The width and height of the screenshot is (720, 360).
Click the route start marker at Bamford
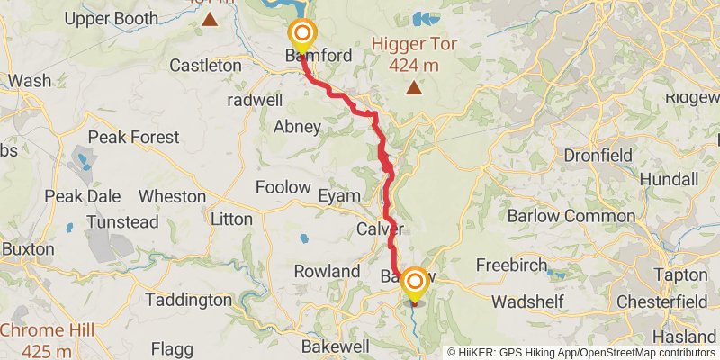301,36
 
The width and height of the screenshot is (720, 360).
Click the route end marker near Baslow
415,283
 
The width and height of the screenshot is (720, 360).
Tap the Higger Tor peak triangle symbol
414,87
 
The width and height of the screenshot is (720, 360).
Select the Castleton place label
205,66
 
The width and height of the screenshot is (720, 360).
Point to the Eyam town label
338,195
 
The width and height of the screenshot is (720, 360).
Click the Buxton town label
27,248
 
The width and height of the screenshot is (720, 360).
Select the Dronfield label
598,156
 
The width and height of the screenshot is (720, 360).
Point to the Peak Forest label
133,138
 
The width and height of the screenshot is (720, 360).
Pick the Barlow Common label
560,216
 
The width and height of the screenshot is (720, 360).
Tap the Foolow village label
283,187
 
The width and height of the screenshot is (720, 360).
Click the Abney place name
297,127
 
